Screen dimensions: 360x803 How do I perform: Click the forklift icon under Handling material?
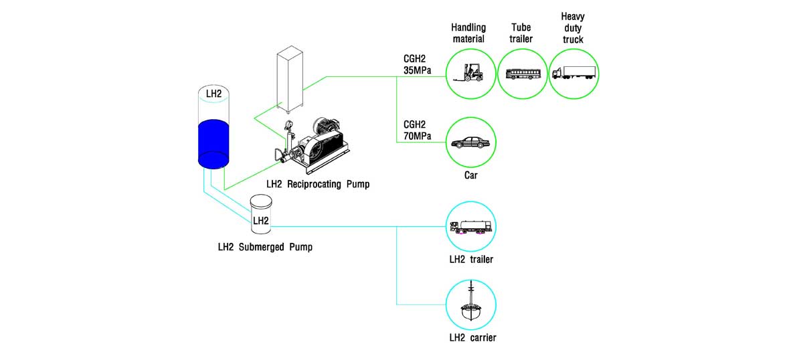(468, 73)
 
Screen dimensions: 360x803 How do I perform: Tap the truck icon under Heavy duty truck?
(574, 74)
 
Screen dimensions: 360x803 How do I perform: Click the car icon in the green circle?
(470, 143)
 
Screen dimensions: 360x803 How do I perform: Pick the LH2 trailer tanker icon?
(471, 228)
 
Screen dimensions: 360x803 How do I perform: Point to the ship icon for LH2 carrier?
(471, 304)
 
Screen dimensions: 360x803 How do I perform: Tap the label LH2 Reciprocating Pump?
(317, 183)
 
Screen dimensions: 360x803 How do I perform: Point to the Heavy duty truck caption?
(572, 27)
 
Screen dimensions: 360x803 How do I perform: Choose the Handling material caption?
(468, 33)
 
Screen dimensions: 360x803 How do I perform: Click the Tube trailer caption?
(522, 33)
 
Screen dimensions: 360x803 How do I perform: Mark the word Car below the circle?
(471, 177)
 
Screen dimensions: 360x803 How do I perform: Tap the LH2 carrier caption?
(472, 338)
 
